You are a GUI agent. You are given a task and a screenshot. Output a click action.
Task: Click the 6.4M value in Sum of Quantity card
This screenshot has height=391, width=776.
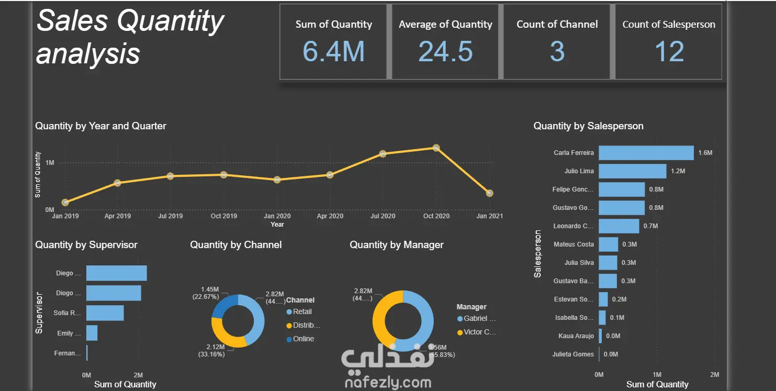click(333, 51)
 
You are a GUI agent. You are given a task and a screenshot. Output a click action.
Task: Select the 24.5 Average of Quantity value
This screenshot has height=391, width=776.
click(445, 51)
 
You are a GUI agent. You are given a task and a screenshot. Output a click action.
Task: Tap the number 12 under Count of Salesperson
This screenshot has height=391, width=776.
click(669, 51)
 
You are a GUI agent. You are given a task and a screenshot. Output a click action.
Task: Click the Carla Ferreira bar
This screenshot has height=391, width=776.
click(646, 153)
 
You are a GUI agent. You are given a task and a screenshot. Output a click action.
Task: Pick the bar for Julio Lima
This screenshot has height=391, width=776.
click(632, 171)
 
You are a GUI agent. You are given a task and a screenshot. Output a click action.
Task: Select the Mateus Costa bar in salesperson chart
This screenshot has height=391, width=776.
click(608, 244)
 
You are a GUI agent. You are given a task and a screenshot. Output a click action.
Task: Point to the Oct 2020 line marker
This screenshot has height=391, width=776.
click(436, 148)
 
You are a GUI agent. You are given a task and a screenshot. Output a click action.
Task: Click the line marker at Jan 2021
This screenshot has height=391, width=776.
click(489, 193)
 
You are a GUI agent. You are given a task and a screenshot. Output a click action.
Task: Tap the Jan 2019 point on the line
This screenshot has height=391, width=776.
click(65, 203)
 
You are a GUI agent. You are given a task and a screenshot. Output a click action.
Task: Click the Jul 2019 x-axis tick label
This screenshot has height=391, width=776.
click(170, 216)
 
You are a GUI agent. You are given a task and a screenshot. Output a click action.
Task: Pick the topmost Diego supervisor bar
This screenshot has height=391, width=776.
click(116, 273)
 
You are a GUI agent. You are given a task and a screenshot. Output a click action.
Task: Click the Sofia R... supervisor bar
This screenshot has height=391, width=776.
click(105, 313)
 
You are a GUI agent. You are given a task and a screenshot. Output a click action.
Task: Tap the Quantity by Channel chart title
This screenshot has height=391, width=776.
click(235, 245)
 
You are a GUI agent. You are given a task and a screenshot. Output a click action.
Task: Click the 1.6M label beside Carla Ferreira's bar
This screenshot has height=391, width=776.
click(705, 153)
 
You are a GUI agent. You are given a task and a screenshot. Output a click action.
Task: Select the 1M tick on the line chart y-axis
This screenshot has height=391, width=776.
click(50, 163)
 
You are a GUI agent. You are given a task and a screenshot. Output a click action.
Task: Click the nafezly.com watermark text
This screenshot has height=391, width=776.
click(388, 383)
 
